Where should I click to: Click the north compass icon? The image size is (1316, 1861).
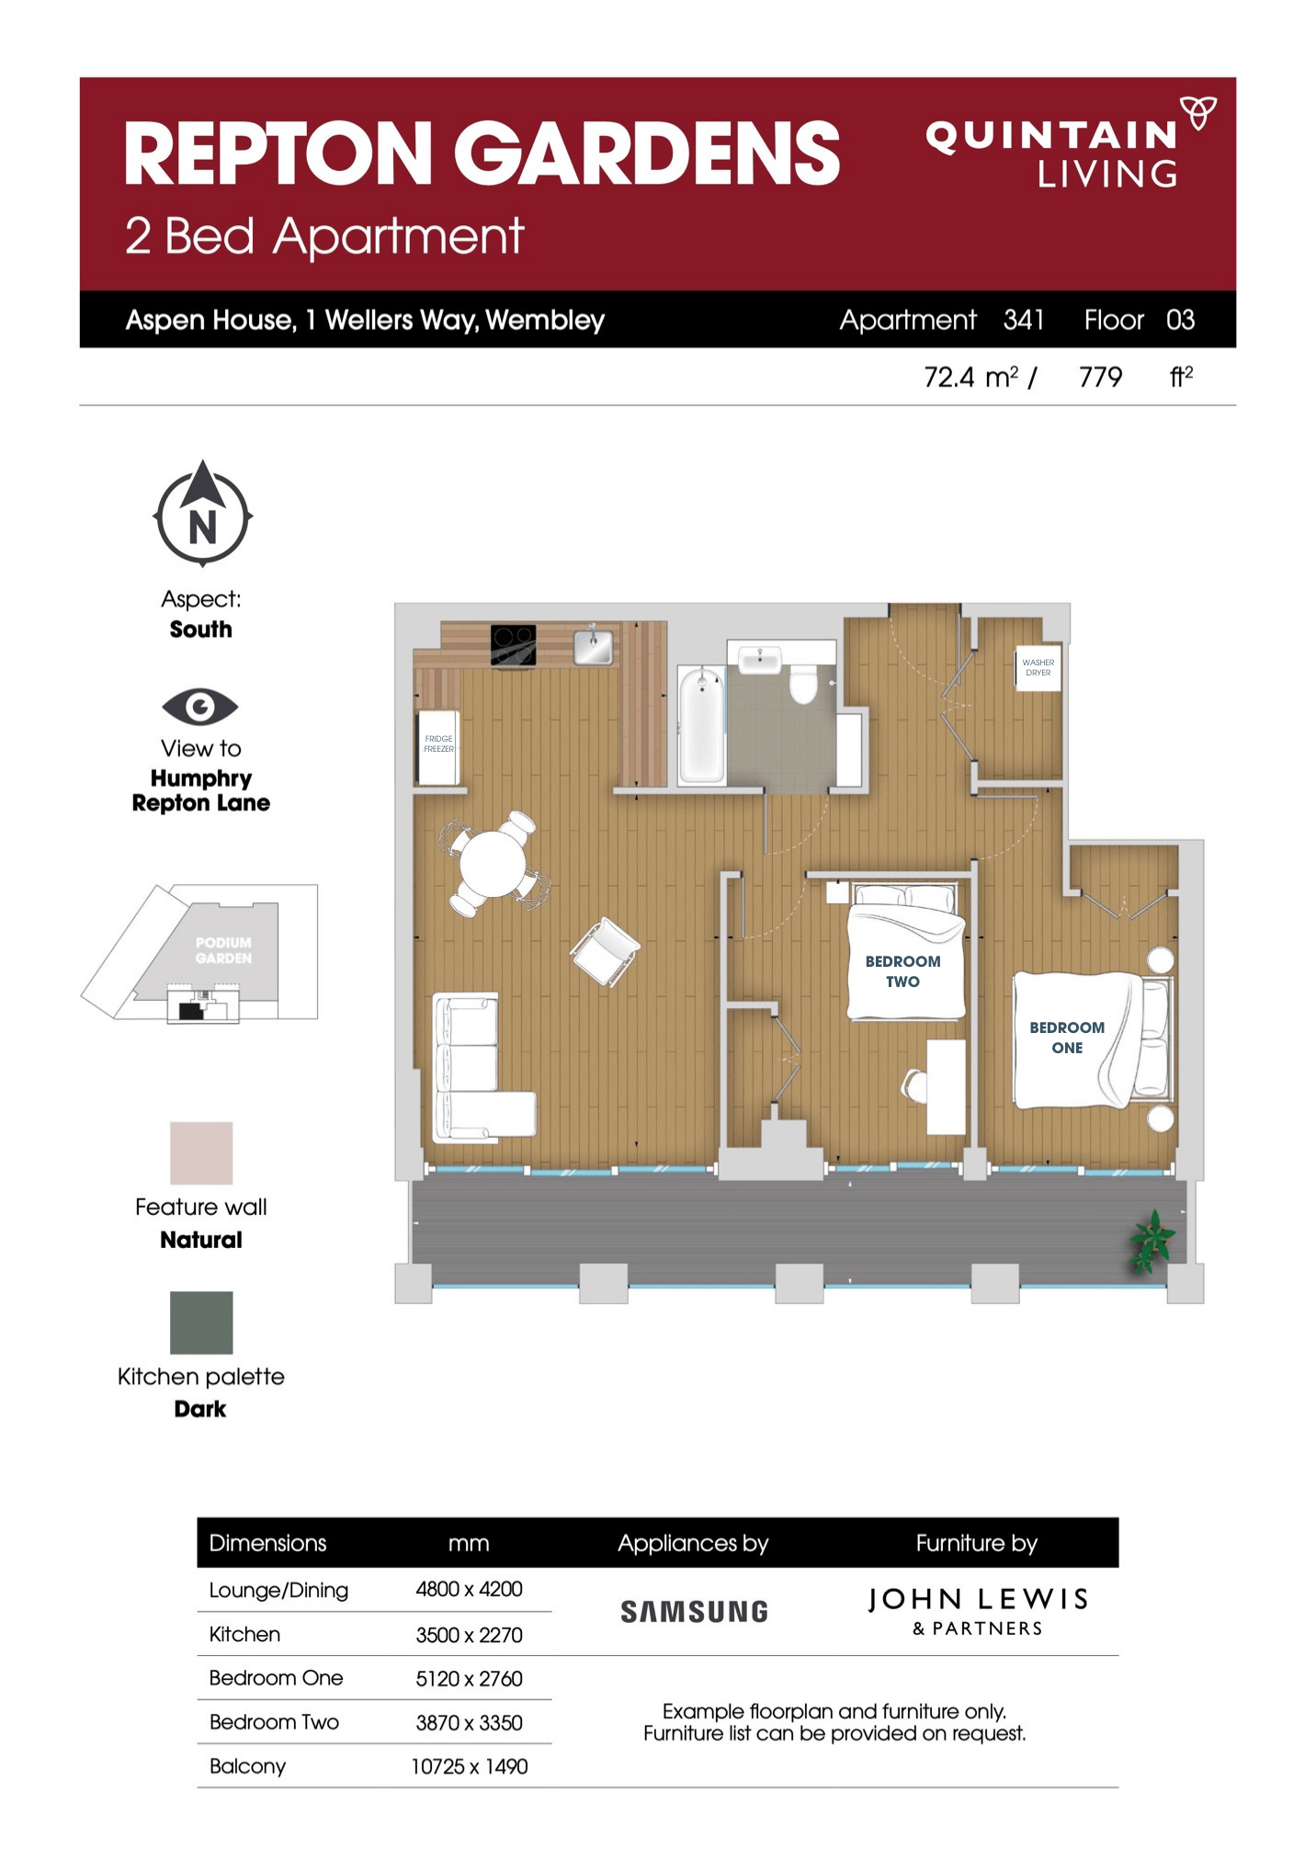tap(202, 516)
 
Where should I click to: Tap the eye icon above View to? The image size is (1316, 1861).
tap(199, 707)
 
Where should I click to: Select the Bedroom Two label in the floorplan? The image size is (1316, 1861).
tap(902, 970)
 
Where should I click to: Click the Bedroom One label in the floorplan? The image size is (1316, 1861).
tap(1066, 1037)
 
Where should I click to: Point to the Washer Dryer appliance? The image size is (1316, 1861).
tap(1038, 667)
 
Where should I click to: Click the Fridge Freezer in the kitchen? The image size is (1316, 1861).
tap(438, 747)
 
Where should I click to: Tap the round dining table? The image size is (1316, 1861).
tap(492, 864)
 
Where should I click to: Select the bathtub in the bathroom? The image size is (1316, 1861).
tap(701, 726)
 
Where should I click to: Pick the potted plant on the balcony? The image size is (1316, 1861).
tap(1151, 1241)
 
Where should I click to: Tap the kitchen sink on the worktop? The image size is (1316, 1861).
tap(594, 646)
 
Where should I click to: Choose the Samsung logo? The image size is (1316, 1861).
tap(694, 1612)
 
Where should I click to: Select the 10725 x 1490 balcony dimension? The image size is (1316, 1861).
tap(469, 1766)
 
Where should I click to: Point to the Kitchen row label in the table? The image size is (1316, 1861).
tap(244, 1634)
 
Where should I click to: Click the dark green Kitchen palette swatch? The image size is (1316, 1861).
tap(201, 1322)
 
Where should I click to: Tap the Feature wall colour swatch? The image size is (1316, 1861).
tap(201, 1152)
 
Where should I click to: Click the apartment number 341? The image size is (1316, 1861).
tap(1023, 320)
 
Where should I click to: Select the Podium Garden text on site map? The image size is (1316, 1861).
tap(223, 950)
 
